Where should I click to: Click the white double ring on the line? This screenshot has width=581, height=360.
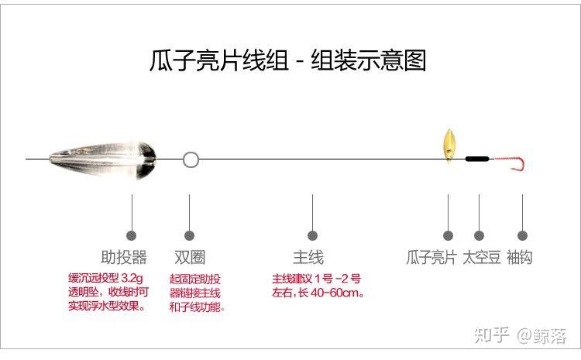pos(191,160)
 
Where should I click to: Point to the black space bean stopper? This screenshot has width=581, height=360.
pos(477,159)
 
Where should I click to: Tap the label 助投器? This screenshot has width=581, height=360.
pos(124,257)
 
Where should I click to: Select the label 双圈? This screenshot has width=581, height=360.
pos(190,257)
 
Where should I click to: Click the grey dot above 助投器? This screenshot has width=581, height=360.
pos(132,235)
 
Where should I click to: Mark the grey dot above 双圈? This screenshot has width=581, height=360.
pos(189,235)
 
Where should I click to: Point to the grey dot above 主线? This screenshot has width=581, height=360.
pos(312,235)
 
